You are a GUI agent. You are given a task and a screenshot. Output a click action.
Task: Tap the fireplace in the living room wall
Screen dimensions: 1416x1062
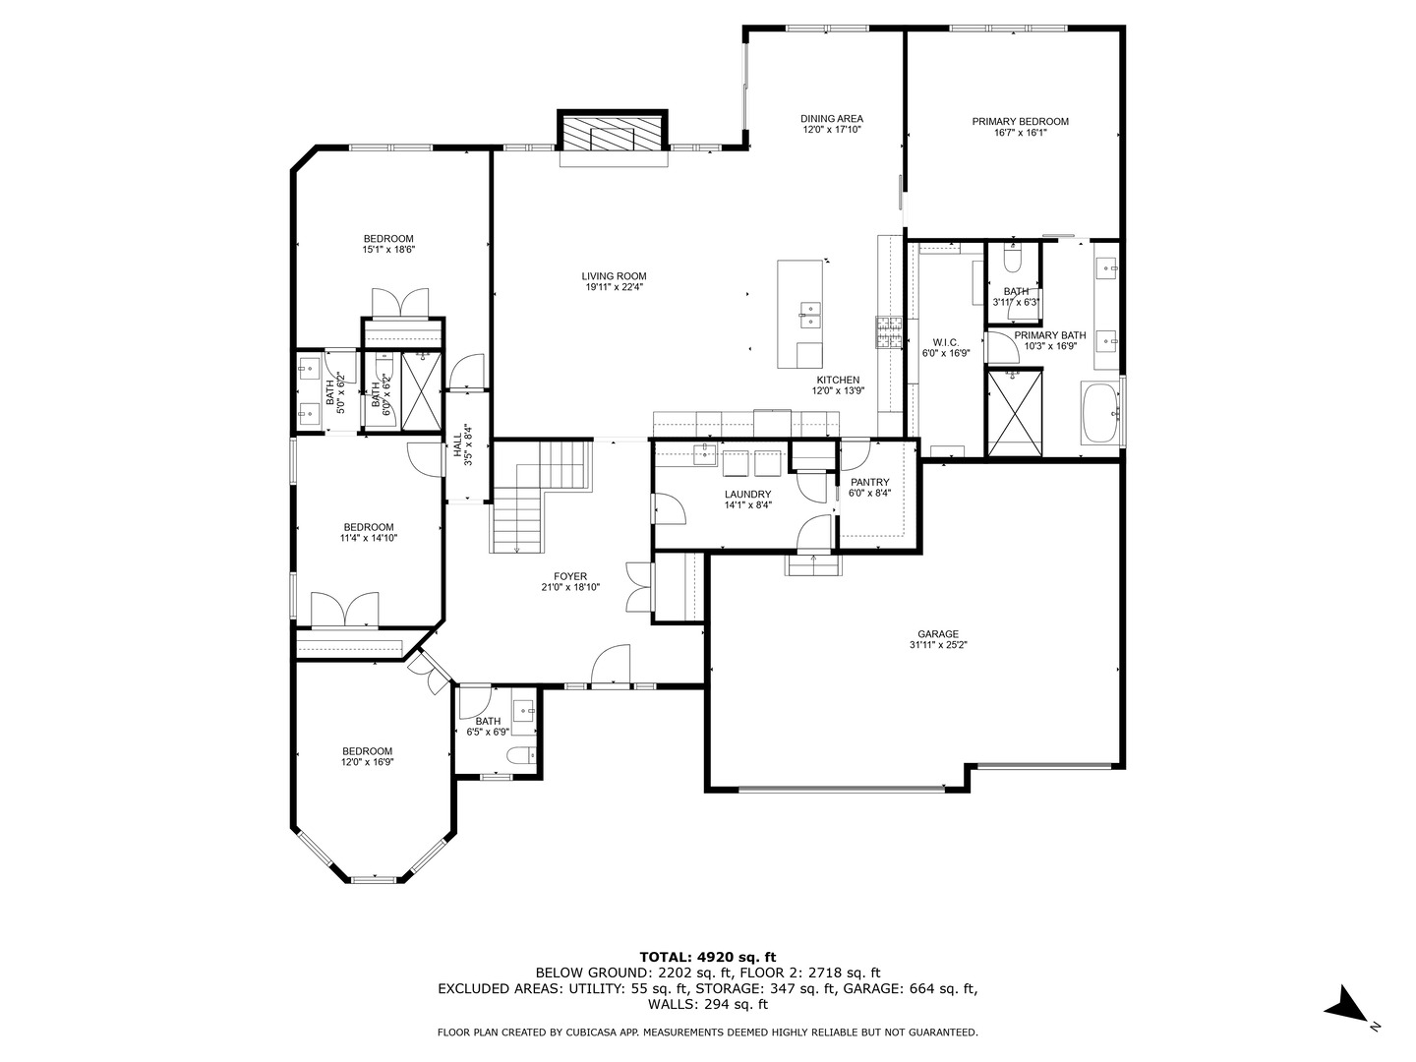pyautogui.click(x=613, y=137)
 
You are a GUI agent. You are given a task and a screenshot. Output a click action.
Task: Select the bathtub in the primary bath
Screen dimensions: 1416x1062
pyautogui.click(x=1100, y=413)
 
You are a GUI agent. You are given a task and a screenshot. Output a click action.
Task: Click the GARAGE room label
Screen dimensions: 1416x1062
pyautogui.click(x=938, y=634)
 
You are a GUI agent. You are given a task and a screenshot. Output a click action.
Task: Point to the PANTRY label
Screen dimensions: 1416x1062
pyautogui.click(x=869, y=482)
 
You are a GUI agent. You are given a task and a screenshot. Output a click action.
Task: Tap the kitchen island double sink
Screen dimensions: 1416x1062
pyautogui.click(x=809, y=316)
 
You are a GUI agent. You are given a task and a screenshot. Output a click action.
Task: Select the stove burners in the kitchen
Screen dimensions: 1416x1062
pyautogui.click(x=888, y=332)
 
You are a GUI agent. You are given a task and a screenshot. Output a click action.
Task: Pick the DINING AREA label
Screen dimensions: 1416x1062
pyautogui.click(x=832, y=119)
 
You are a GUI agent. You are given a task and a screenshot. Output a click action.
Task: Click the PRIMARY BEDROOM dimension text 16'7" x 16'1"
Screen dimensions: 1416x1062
pyautogui.click(x=1020, y=132)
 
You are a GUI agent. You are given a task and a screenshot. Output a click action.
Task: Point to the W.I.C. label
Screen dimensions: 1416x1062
pyautogui.click(x=946, y=342)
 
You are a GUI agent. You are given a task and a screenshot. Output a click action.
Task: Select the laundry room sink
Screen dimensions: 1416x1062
pyautogui.click(x=705, y=454)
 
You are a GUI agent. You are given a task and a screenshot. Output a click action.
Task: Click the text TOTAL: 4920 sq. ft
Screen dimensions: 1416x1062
pyautogui.click(x=708, y=958)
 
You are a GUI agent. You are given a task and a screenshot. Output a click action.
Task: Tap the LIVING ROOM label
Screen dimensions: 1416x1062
pyautogui.click(x=614, y=276)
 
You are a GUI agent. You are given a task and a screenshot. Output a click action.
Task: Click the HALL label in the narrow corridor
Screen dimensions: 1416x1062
pyautogui.click(x=457, y=444)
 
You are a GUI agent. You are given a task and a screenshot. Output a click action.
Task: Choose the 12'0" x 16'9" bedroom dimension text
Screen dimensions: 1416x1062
pyautogui.click(x=367, y=762)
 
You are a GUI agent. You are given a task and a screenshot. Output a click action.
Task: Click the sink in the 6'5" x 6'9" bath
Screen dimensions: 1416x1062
pyautogui.click(x=524, y=712)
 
